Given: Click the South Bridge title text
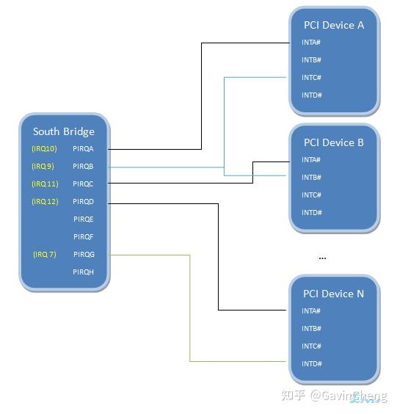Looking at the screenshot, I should (64, 131).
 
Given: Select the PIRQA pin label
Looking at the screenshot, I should (84, 149).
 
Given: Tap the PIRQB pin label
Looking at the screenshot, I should (84, 167).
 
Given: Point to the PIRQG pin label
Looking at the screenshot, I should (84, 255).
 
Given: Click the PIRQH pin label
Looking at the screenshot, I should (84, 272).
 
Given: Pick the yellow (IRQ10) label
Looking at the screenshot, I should (44, 149).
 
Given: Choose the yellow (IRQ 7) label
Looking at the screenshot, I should (44, 255).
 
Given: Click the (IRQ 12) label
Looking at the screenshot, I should (45, 202).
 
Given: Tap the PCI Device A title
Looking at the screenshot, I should (334, 25).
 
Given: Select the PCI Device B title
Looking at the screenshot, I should (334, 142).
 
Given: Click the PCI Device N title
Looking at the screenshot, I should (334, 294).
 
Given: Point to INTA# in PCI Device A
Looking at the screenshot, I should (311, 43).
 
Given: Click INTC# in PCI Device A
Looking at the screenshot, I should (311, 78).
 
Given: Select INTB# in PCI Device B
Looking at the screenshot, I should (311, 178).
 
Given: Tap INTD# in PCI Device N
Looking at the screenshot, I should (311, 364).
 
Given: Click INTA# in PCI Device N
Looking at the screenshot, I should (311, 311).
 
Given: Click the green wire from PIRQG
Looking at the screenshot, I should (190, 308).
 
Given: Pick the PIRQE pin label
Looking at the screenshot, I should (84, 219).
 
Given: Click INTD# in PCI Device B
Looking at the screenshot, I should (311, 213).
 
